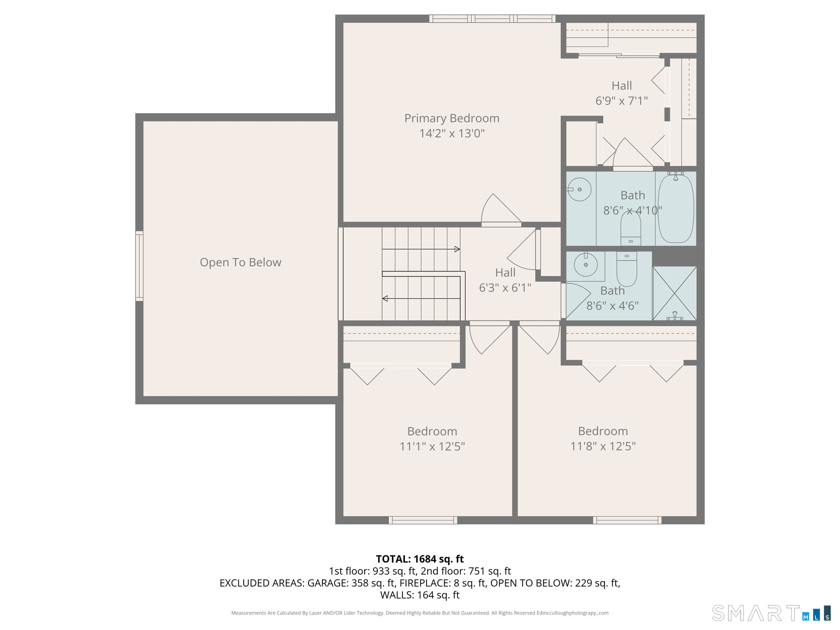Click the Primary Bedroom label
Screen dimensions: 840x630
click(452, 119)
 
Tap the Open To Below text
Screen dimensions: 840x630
click(240, 262)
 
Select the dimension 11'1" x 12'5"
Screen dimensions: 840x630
click(432, 446)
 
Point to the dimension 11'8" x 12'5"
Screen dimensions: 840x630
click(603, 446)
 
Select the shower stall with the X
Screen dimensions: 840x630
click(674, 293)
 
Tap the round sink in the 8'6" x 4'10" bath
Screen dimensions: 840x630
click(580, 189)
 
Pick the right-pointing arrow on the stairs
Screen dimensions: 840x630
click(457, 249)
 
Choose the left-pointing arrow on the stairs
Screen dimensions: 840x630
click(385, 299)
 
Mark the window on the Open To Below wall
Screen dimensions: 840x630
click(139, 266)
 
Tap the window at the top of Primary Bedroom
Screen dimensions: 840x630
click(492, 18)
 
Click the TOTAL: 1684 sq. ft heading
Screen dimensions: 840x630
click(420, 559)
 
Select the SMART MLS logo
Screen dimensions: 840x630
click(771, 613)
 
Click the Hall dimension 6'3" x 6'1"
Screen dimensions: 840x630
click(505, 288)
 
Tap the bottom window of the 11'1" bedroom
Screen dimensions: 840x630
click(423, 520)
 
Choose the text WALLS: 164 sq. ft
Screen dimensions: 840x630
click(420, 595)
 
